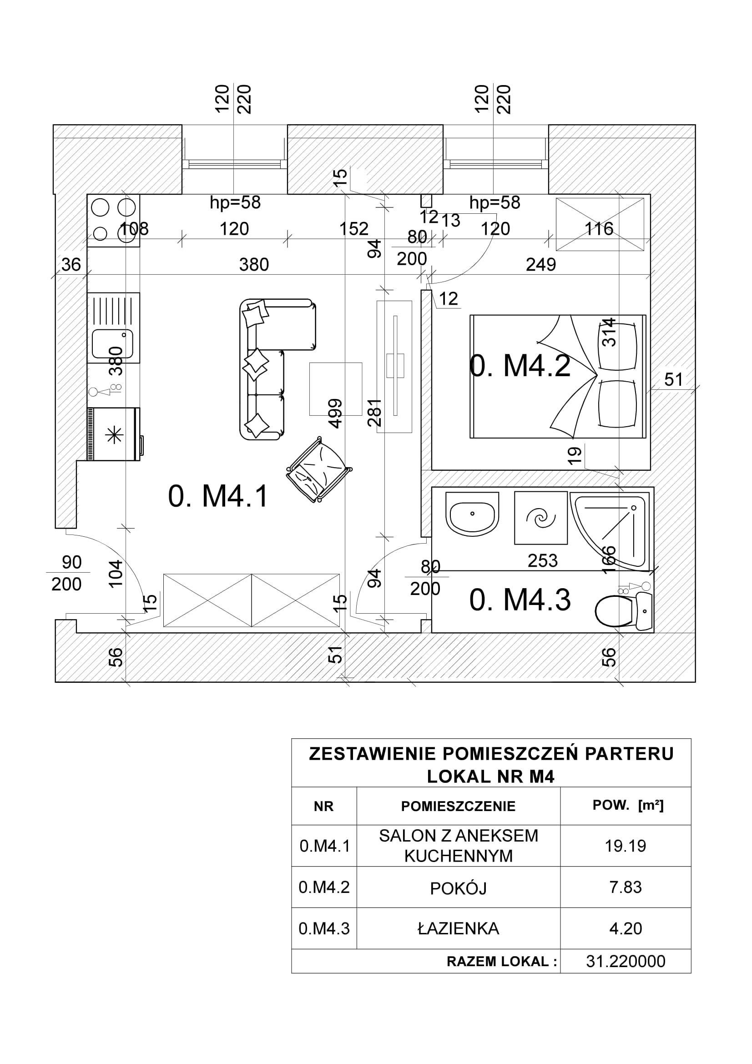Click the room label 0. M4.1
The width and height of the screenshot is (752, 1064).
tap(218, 496)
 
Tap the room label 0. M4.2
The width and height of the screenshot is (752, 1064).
tap(520, 366)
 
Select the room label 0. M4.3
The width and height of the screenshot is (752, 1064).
tap(520, 600)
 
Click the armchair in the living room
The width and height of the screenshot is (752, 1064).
tap(319, 469)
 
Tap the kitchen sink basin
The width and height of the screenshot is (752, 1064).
tap(112, 345)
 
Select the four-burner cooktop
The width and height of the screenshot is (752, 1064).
tap(114, 220)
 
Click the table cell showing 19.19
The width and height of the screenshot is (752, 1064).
tap(625, 846)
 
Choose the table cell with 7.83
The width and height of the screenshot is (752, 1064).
tap(625, 887)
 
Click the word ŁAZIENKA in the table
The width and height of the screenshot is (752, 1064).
tap(458, 929)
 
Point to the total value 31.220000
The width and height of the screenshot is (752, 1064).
tap(625, 962)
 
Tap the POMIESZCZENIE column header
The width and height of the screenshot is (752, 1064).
tap(458, 807)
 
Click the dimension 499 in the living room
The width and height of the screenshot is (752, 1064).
tap(335, 413)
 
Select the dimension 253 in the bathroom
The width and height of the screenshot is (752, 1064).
tap(543, 561)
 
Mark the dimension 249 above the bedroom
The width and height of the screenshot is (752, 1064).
tap(541, 265)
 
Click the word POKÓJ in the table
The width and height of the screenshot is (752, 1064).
tap(458, 888)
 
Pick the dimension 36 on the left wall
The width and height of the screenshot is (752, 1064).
tap(71, 265)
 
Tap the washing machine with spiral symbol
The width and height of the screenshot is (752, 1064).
tap(541, 518)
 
